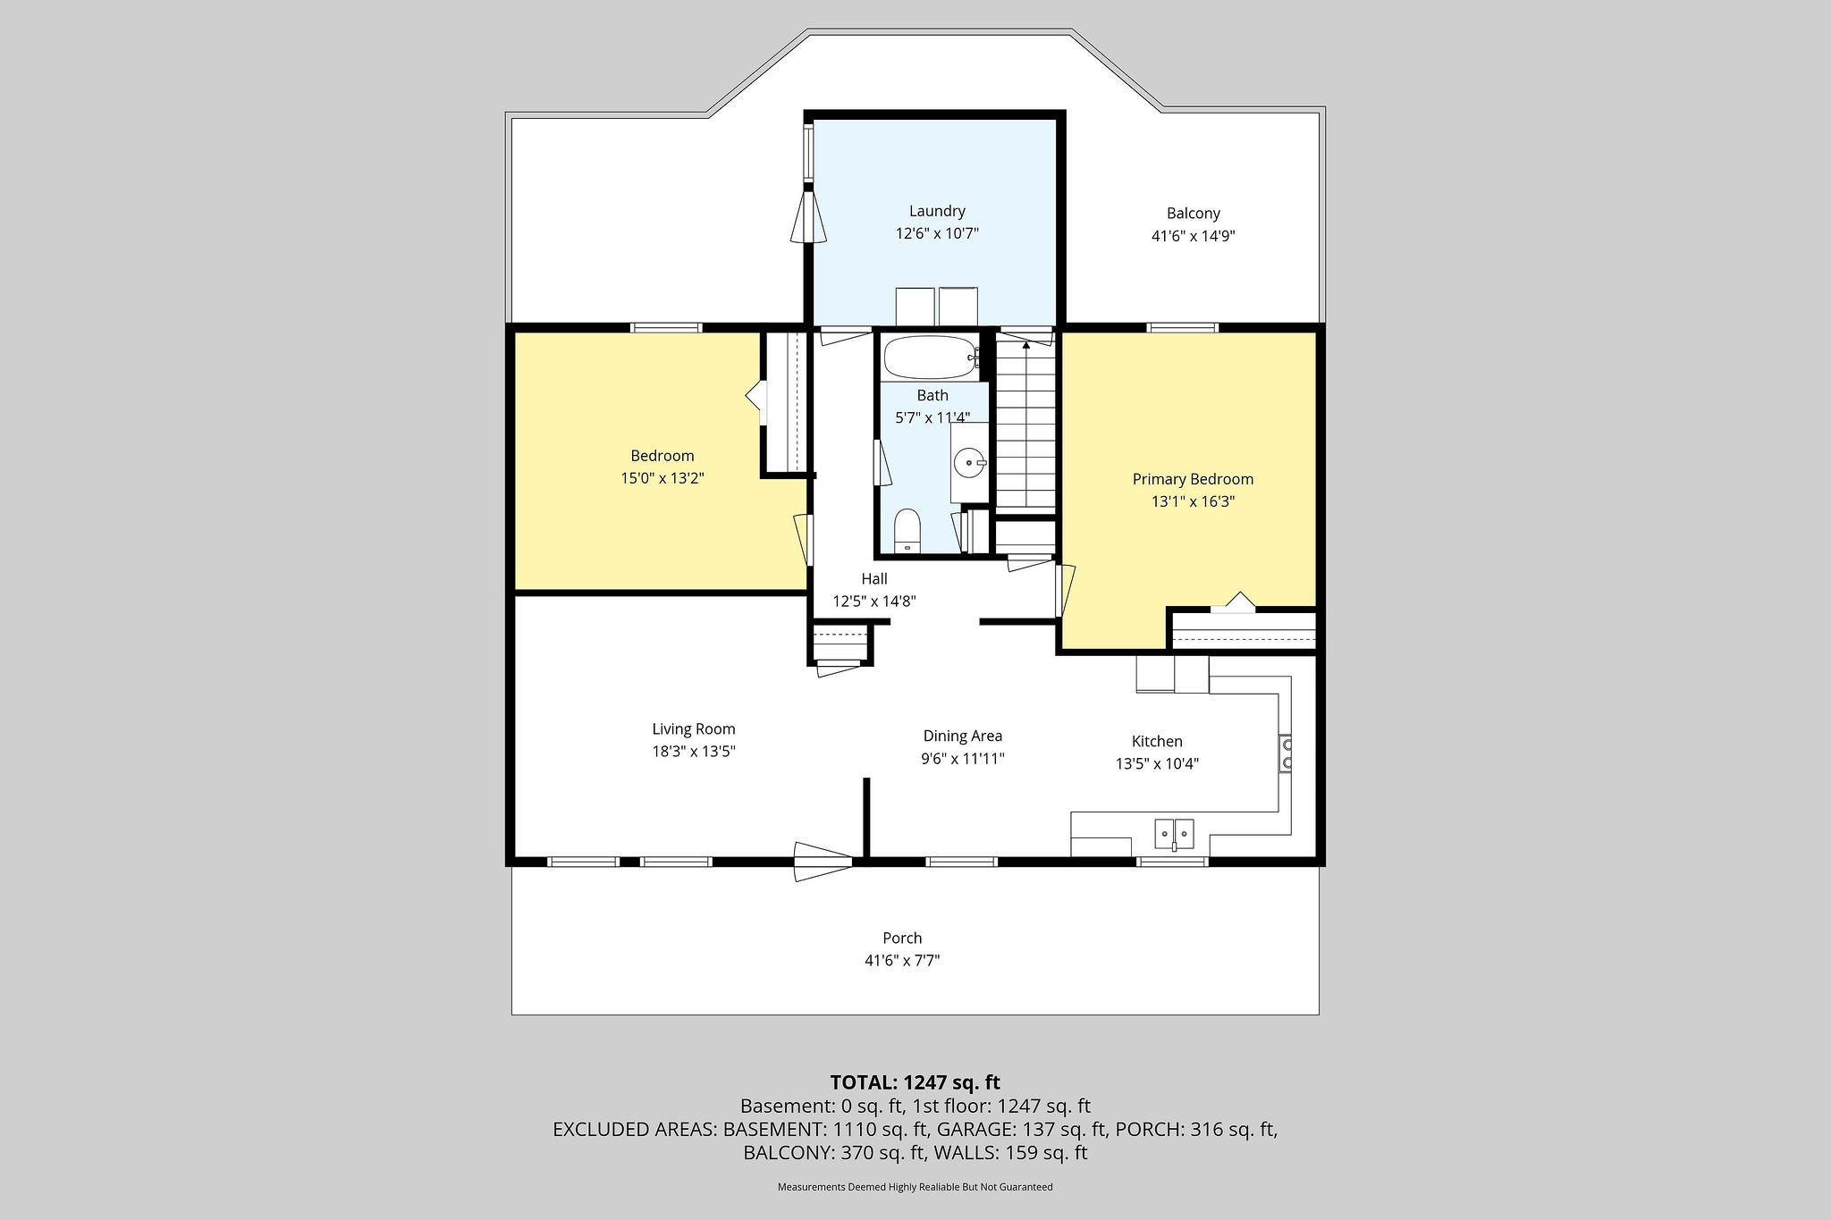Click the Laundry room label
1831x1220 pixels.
pos(937,212)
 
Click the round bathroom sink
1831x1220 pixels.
pos(968,463)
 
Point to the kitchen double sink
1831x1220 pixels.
pos(1174,834)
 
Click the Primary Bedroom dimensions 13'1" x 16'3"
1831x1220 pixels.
pos(1193,502)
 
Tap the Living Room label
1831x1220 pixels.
pos(693,729)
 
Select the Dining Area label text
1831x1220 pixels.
pos(963,736)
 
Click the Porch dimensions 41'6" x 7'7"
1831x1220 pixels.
pos(902,961)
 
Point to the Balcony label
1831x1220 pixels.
pos(1193,214)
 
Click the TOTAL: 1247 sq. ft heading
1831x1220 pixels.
pos(915,1082)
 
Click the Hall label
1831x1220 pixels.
pos(873,579)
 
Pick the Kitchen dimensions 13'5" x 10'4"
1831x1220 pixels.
pos(1157,764)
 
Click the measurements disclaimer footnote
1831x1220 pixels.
pos(915,1187)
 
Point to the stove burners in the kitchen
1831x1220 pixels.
pos(1286,753)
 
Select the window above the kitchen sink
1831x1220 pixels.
pos(1172,862)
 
